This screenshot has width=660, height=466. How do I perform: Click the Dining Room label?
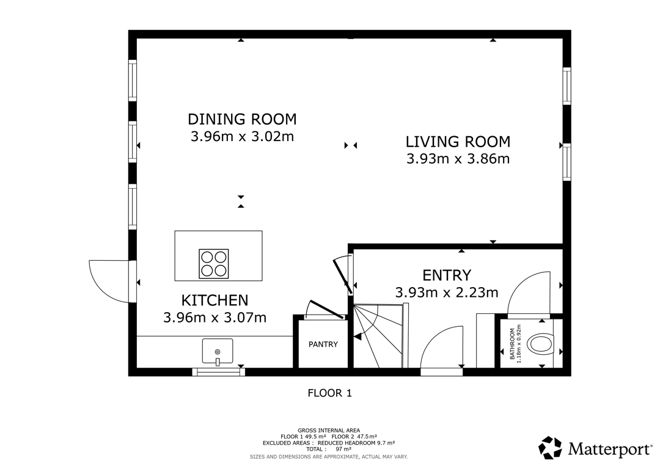[242, 119]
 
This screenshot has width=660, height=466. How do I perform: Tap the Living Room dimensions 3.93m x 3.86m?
[458, 159]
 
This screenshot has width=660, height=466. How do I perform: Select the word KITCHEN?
[215, 300]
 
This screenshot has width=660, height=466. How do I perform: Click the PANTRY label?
[323, 344]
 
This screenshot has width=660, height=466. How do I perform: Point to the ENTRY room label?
[447, 275]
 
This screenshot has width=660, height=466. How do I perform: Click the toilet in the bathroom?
[540, 344]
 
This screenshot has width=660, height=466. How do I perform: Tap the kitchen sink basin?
[217, 351]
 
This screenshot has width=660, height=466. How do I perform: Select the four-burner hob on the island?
[214, 264]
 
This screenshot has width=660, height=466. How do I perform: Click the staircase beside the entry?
[378, 336]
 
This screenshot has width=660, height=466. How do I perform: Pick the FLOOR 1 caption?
[329, 393]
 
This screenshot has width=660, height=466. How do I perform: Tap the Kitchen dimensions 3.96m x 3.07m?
[215, 318]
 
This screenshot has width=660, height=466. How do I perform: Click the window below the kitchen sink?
[218, 372]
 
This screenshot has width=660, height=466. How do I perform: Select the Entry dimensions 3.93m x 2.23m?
[447, 293]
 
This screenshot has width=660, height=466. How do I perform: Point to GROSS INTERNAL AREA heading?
[329, 430]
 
